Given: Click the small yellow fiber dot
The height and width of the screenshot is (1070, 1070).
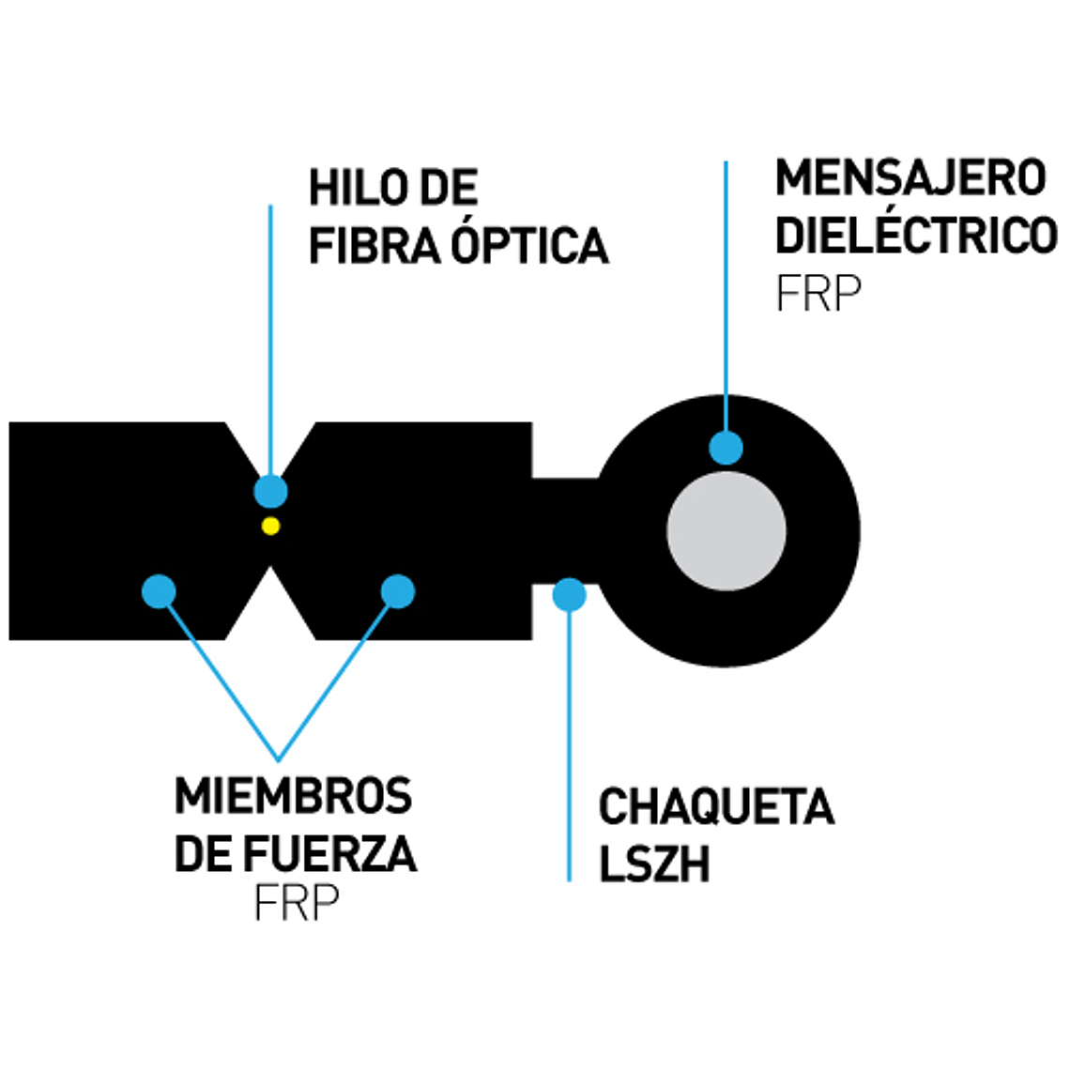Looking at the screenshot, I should pos(270,526).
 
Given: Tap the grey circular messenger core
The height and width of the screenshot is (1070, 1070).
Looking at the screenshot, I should pos(726,531).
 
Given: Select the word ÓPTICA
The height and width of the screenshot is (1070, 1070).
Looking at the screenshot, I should pos(529,246).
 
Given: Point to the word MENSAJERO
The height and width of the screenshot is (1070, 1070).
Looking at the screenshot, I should pos(910,178).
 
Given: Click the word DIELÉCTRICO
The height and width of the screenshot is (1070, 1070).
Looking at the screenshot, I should pos(916,235).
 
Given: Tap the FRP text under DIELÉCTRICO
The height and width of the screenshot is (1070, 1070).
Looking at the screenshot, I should pos(818,295).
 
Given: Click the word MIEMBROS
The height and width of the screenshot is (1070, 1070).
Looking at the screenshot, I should pos(293,796).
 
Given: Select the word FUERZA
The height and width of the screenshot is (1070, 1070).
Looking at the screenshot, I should pos(329,854).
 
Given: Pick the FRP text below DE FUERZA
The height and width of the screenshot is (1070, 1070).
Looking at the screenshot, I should pos(296,904).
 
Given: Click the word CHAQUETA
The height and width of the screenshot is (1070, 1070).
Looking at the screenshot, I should pos(716,807).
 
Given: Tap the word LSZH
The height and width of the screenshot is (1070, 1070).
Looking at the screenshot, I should pos(654,864).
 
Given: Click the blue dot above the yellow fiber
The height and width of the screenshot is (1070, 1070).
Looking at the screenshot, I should pos(270,491).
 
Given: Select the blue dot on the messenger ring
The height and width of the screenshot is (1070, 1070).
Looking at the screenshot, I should pos(726,447).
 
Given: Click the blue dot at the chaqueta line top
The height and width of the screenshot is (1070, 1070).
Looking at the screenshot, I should pos(569,594).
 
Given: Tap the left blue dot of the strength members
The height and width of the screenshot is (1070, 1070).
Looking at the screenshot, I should pos(159,591).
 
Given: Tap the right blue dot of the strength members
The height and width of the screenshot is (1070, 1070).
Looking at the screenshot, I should pos(398,591).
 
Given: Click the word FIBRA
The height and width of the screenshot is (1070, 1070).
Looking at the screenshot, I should pos(374,246).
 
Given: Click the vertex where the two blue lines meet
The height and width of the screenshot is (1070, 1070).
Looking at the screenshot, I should pos(278,758).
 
